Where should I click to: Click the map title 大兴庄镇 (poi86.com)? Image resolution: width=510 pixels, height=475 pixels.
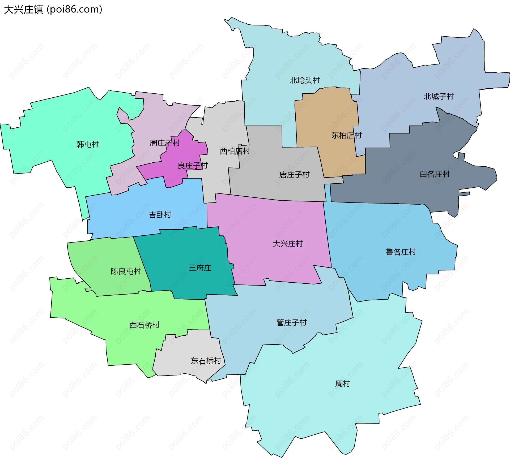coord(53,10)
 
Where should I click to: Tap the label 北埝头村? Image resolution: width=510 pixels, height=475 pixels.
coord(304,80)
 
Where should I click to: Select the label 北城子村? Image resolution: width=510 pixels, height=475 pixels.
coord(439,96)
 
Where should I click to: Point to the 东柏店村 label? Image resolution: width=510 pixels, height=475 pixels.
coord(346,135)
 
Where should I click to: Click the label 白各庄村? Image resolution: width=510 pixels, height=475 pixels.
coord(435,174)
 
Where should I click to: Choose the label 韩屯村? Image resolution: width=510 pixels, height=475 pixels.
coord(87,144)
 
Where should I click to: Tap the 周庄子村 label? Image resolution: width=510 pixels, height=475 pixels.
coord(164,143)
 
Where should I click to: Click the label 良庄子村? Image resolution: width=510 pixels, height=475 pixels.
coord(193,166)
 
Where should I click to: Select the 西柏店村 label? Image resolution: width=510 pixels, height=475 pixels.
coord(235,151)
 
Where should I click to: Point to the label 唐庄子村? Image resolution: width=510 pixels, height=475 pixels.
coord(294,175)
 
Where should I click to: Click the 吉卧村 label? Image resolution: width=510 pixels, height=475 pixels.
coord(160,215)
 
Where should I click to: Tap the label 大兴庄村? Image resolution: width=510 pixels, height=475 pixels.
coord(288,244)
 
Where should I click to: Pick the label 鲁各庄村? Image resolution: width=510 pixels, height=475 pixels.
coord(401,252)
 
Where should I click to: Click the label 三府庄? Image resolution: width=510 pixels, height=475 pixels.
coord(200,268)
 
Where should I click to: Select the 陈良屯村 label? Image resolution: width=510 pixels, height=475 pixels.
coord(126,271)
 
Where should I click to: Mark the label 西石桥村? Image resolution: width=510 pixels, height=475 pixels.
coord(144,325)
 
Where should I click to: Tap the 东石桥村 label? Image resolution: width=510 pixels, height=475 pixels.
coord(206,361)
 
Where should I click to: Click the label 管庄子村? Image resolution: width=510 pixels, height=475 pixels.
coord(291,322)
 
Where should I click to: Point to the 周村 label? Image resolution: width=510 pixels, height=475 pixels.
coord(342,383)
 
